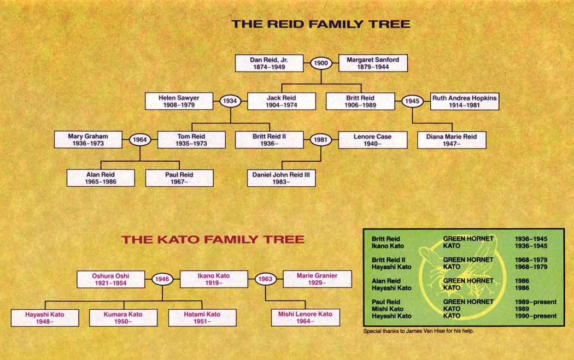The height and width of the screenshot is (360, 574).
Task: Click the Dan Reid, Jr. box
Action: coord(269,63)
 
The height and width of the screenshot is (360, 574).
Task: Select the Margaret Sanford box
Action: coord(373,63)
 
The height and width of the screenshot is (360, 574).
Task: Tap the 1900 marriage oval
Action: coord(321,63)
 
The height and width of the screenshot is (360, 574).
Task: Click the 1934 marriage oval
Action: coord(230,102)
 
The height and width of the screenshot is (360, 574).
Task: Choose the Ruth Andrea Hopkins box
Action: coord(465,102)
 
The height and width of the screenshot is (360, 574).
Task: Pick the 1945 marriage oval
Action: coord(413,102)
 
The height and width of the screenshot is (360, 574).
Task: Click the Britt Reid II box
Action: coord(269,140)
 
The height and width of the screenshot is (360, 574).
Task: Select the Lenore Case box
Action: coord(373,140)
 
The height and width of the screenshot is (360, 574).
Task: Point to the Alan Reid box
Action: coord(101,178)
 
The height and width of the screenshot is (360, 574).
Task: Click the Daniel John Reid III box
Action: coord(282,178)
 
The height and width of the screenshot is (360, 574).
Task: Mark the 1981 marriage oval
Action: coord(321,140)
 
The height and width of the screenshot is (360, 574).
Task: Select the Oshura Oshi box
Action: coord(110,279)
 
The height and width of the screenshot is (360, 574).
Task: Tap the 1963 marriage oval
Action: coord(265,279)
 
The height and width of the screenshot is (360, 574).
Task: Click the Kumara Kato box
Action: coord(123,317)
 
